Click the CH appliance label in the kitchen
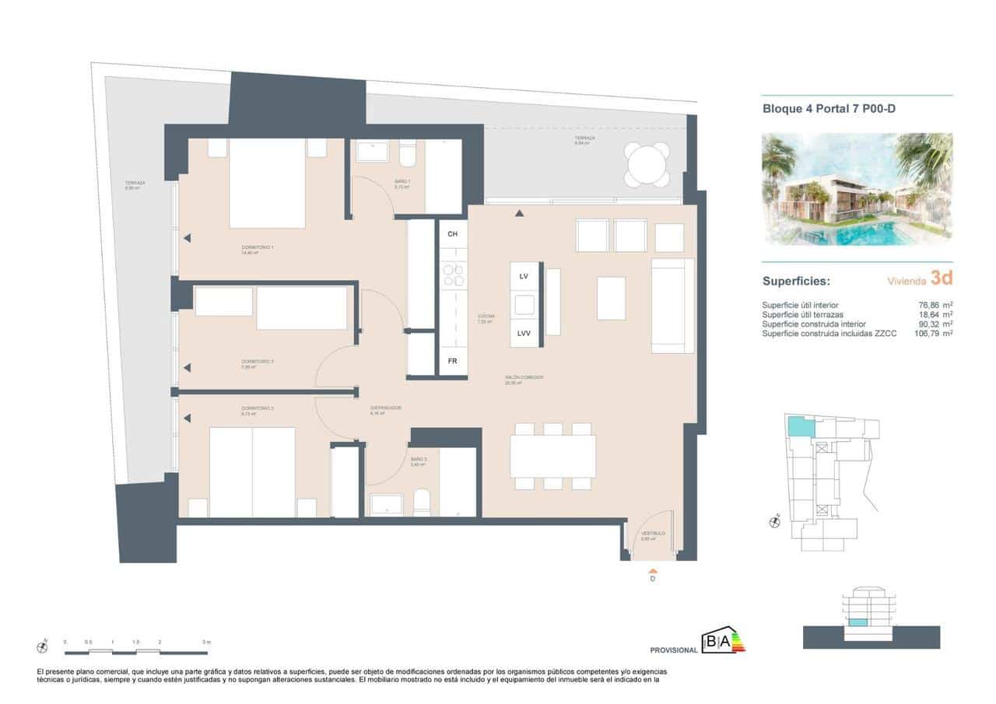452,233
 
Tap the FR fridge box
452,362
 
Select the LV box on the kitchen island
524,276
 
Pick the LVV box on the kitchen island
524,334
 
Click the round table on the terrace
646,165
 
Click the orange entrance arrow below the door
652,573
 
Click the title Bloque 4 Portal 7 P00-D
829,110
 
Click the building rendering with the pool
857,189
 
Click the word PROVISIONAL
673,650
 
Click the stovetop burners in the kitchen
452,275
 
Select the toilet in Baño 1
409,156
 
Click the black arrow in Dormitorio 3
187,368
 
